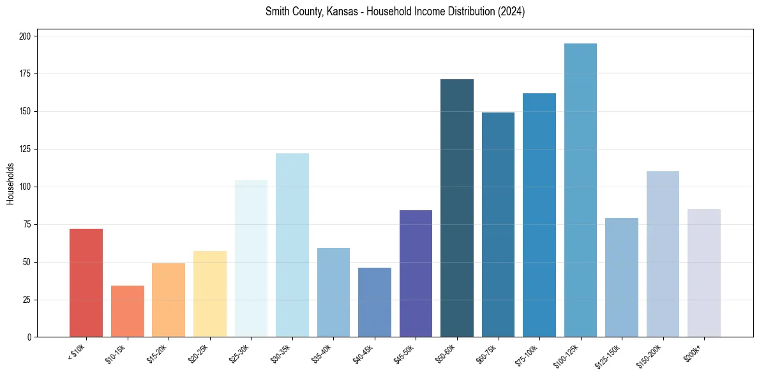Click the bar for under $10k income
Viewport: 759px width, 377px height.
(x=86, y=282)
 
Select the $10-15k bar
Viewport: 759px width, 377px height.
(x=128, y=311)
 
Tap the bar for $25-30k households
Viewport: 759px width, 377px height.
(x=251, y=259)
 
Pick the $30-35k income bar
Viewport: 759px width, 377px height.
(x=292, y=245)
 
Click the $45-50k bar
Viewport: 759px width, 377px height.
(x=416, y=273)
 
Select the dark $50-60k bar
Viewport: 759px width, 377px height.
(x=457, y=208)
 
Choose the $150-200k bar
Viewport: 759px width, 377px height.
(x=663, y=254)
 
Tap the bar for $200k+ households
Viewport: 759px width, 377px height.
(x=704, y=273)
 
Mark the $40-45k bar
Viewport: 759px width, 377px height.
(x=375, y=302)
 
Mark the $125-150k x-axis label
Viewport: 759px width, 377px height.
(x=608, y=357)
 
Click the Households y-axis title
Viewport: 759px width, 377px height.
(x=11, y=183)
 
